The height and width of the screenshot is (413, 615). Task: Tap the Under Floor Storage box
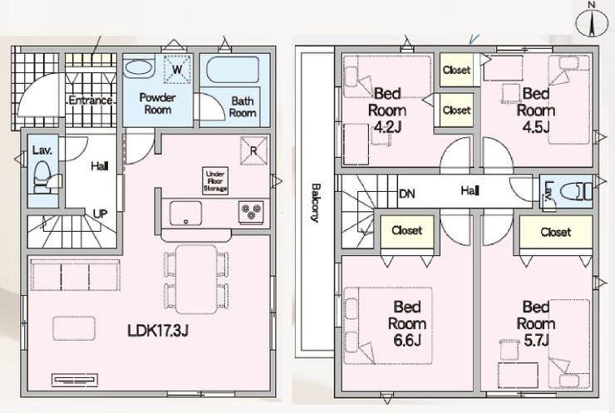[215, 181]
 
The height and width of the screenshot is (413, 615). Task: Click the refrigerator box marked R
[253, 150]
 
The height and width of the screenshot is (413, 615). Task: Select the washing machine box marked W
[177, 70]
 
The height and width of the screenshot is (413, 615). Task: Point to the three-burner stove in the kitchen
[251, 212]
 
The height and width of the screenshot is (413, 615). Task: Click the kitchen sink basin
[185, 214]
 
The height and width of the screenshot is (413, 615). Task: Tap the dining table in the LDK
[196, 279]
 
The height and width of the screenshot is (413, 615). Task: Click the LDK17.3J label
[158, 331]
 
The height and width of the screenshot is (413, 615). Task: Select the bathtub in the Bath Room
[233, 70]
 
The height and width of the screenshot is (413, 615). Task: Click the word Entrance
[91, 100]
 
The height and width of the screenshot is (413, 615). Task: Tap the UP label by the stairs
[100, 214]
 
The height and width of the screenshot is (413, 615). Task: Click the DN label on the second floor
[406, 194]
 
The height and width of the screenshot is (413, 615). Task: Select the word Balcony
[315, 203]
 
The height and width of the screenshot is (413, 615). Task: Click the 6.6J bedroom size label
[407, 340]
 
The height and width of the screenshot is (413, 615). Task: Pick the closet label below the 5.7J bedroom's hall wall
[556, 232]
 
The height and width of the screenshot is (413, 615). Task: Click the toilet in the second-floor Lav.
[576, 192]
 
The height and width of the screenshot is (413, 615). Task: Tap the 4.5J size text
[536, 126]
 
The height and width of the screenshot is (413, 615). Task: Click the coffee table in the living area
[74, 328]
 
